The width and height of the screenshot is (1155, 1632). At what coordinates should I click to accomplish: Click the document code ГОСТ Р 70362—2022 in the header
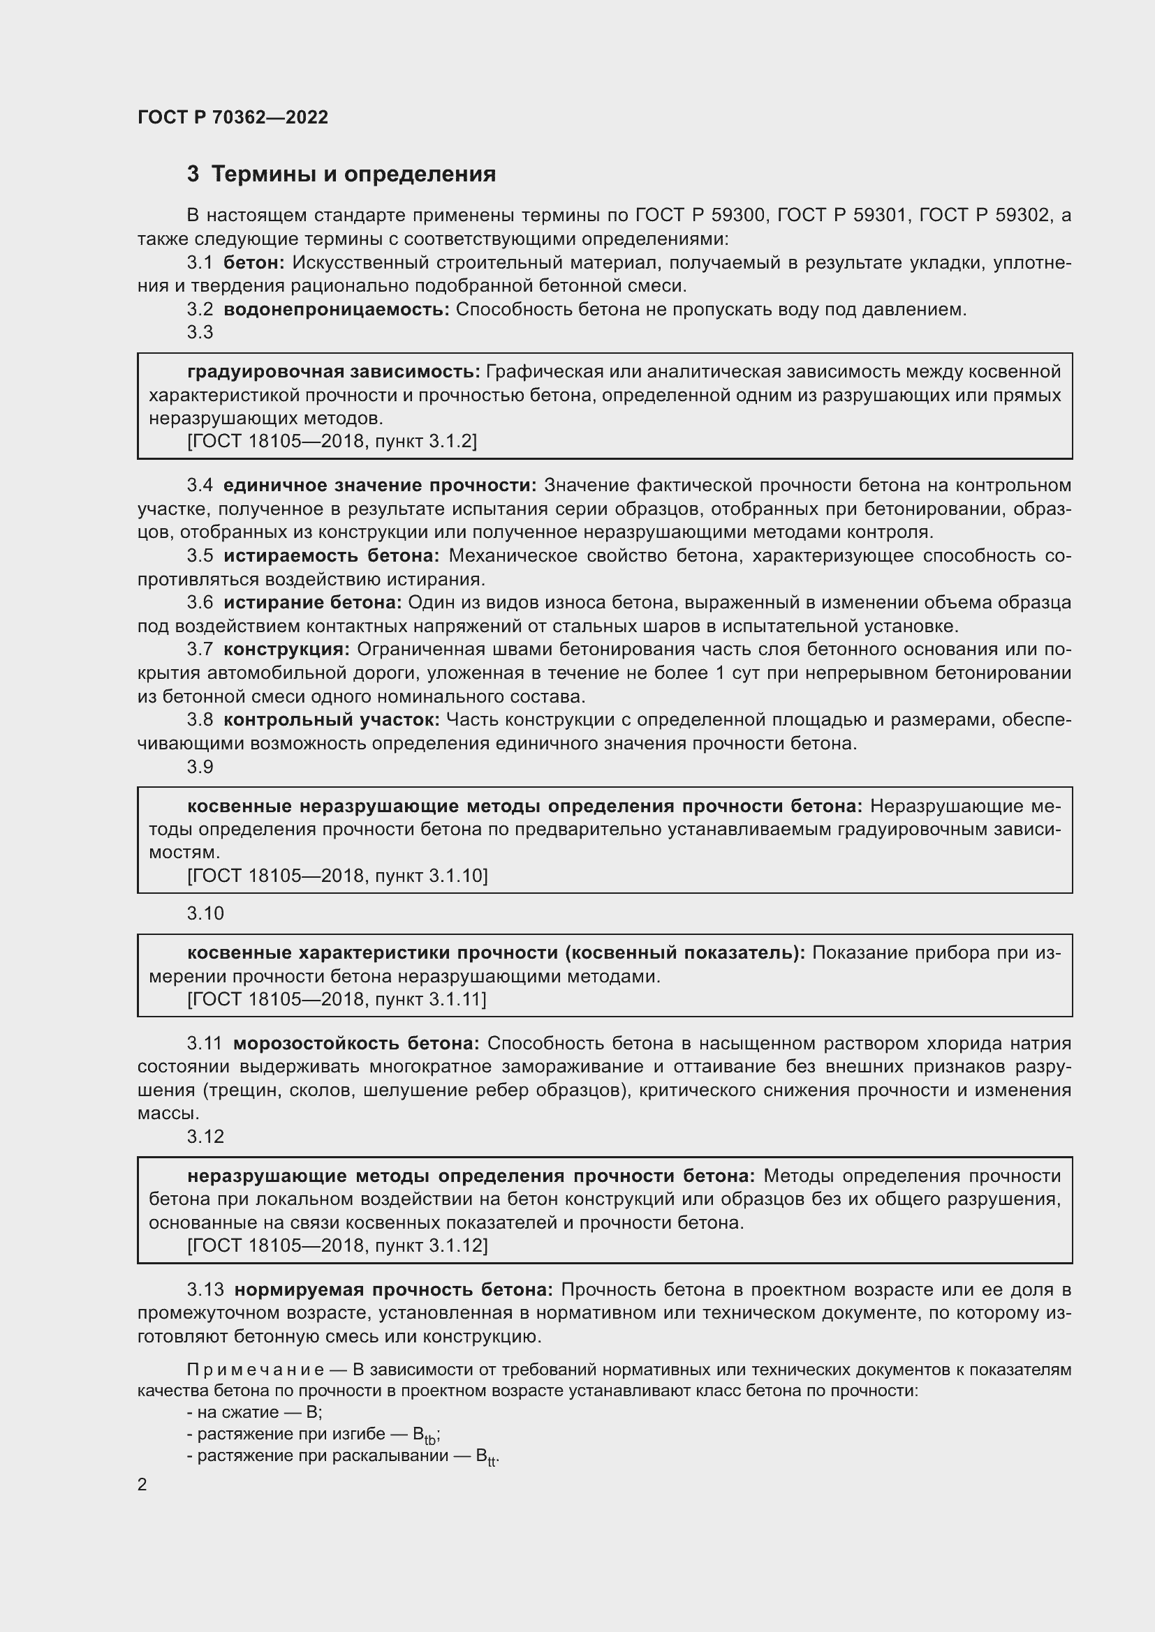(x=233, y=117)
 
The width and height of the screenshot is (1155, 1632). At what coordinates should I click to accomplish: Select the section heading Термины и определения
(x=353, y=174)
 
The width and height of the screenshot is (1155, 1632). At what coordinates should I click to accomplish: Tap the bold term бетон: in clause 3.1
(x=254, y=263)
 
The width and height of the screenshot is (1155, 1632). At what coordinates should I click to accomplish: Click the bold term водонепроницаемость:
(x=337, y=309)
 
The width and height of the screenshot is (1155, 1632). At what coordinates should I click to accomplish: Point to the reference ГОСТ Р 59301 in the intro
(x=844, y=215)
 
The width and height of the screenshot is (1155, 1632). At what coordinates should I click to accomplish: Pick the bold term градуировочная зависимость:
(x=334, y=372)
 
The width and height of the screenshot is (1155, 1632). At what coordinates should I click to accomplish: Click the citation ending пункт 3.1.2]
(x=332, y=442)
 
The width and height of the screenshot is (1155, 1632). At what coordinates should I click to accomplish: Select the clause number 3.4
(x=200, y=486)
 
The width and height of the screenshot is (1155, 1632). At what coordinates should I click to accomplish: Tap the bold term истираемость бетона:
(x=332, y=556)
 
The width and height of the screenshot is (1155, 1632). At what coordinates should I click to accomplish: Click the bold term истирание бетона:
(x=313, y=603)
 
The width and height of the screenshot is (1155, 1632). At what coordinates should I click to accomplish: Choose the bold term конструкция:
(x=286, y=650)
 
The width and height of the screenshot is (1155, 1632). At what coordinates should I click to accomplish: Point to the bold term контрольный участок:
(x=332, y=720)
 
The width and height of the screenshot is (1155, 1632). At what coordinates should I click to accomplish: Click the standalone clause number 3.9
(x=200, y=767)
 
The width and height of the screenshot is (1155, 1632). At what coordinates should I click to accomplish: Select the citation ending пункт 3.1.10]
(x=337, y=876)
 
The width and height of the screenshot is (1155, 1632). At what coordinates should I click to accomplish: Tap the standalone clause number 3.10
(x=205, y=913)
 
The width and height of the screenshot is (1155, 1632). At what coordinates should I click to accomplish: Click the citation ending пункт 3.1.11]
(x=337, y=999)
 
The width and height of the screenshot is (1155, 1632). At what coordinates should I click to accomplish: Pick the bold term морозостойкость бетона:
(x=356, y=1043)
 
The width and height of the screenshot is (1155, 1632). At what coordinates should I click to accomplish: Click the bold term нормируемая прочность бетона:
(x=393, y=1289)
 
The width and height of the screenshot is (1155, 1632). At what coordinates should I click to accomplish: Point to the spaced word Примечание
(x=256, y=1370)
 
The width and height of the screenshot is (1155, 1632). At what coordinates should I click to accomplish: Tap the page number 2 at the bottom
(x=142, y=1484)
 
